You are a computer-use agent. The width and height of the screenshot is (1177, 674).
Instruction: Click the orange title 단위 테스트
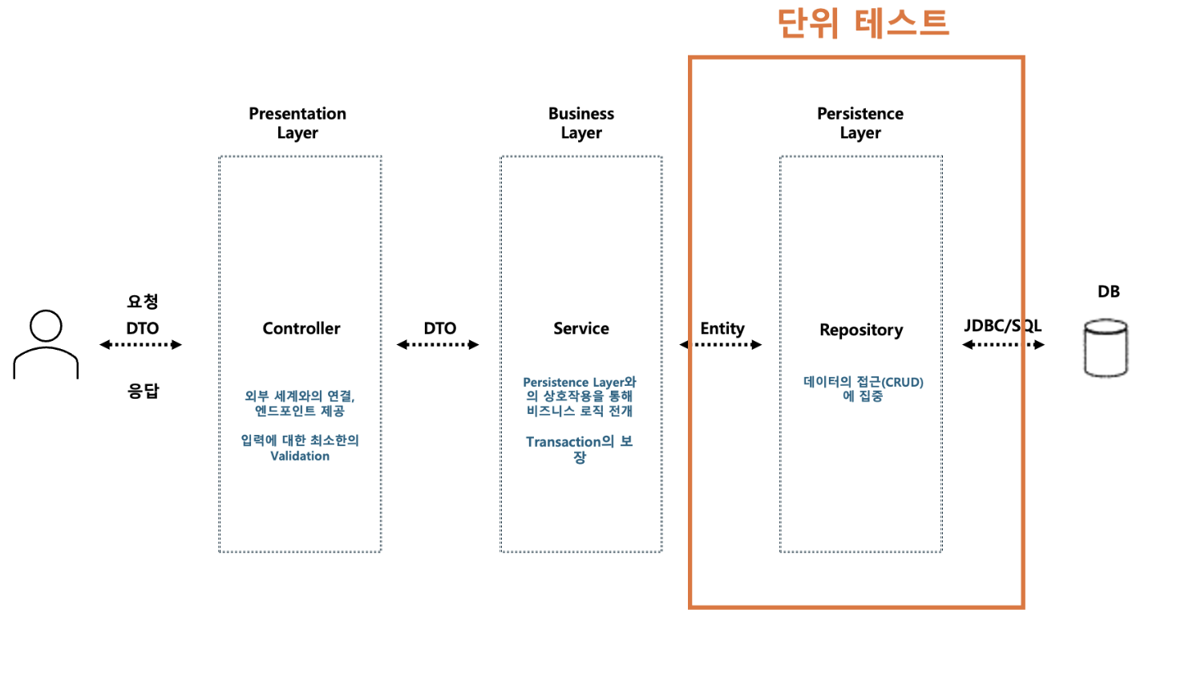(863, 22)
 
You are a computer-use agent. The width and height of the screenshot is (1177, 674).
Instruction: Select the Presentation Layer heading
(297, 123)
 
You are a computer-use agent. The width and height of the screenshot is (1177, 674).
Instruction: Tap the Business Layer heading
(581, 123)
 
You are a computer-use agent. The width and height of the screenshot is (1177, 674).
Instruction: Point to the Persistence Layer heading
(860, 123)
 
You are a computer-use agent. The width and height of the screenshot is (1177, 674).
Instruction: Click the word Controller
(301, 328)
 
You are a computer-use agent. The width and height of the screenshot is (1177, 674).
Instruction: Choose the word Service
(581, 328)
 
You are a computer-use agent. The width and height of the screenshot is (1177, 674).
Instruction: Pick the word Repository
(861, 330)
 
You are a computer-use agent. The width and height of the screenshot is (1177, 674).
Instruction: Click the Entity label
(722, 328)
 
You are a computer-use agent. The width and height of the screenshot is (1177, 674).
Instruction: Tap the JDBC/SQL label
(1002, 326)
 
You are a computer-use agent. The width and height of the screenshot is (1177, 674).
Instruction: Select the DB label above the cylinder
(1108, 291)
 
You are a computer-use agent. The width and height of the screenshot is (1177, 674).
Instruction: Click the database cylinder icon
(1106, 347)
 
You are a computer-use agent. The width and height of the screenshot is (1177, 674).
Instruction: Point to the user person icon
(46, 344)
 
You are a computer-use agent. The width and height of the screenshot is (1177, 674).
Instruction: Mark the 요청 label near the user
(143, 302)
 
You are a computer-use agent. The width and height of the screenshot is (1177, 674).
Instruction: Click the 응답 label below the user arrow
(144, 391)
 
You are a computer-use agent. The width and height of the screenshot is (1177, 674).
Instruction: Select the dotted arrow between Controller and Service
(438, 345)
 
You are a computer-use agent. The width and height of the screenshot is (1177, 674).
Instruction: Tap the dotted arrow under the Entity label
(721, 345)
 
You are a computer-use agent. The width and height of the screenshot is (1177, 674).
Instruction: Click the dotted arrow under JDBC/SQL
(1003, 345)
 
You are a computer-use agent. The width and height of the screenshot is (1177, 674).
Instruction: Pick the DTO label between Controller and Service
(440, 328)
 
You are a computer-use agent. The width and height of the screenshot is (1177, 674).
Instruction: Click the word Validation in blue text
(300, 456)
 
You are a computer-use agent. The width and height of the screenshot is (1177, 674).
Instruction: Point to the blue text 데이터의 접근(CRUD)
(864, 382)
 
